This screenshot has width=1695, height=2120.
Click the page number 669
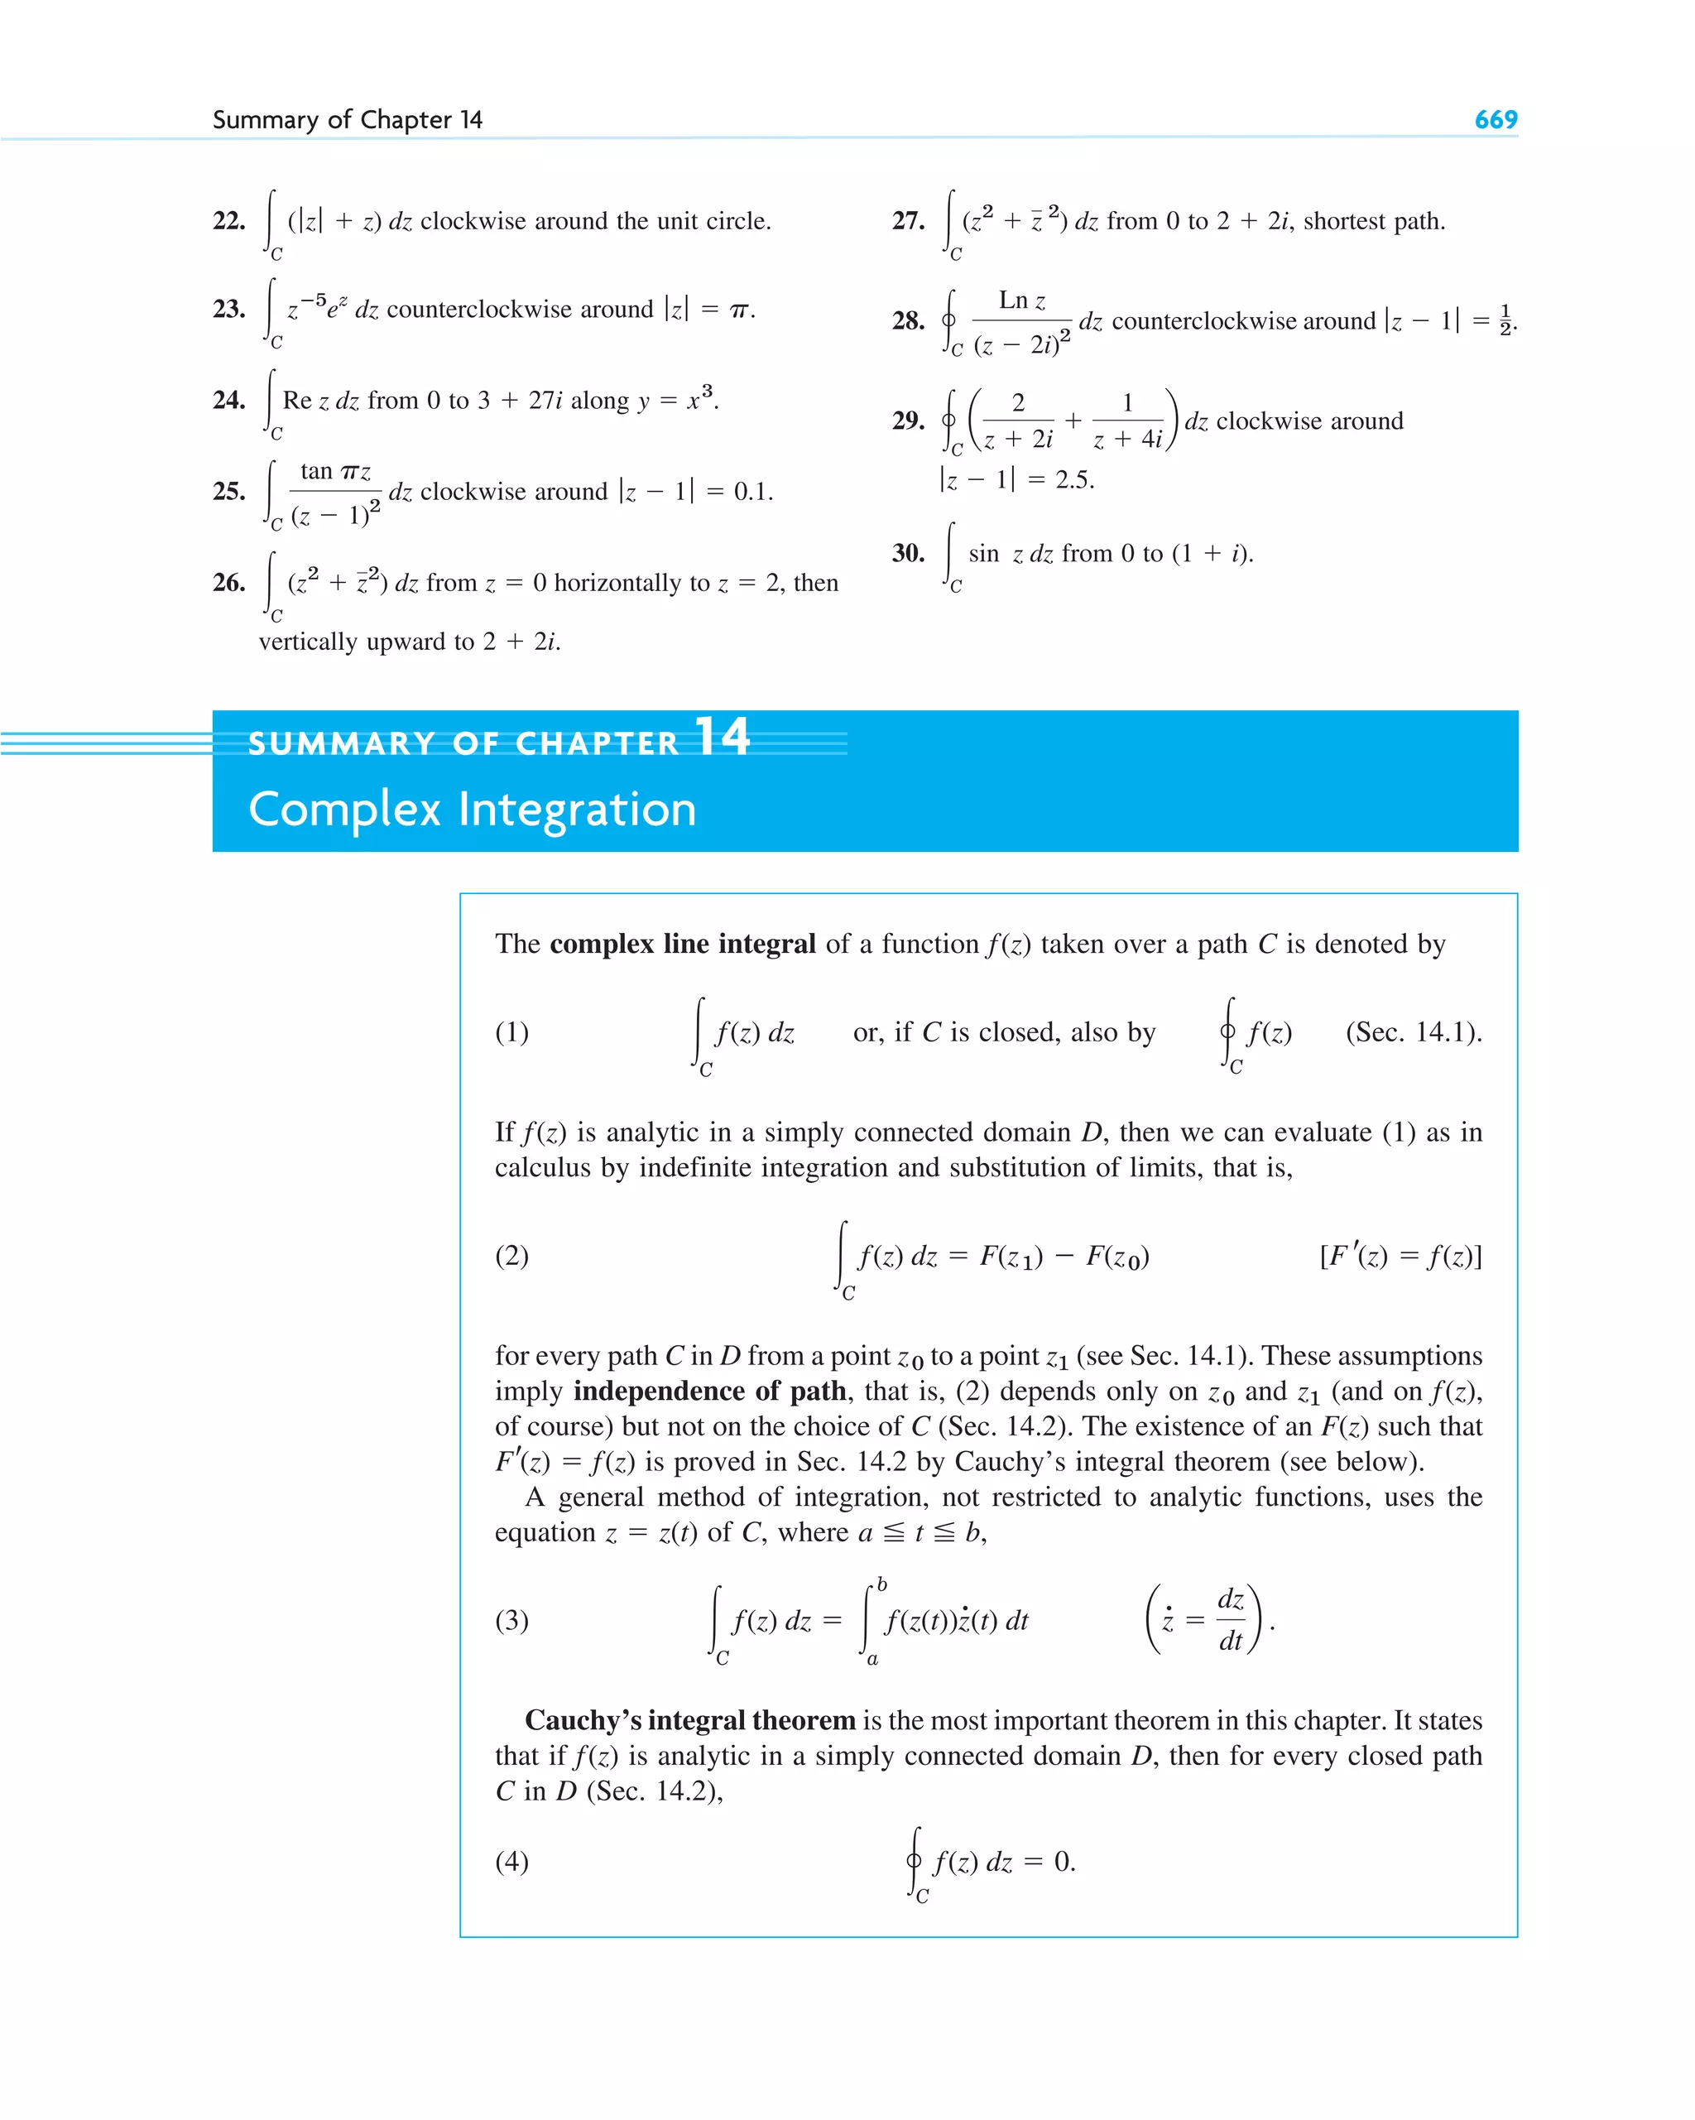click(1495, 119)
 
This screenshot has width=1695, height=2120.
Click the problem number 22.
click(229, 220)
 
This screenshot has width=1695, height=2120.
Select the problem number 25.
click(229, 491)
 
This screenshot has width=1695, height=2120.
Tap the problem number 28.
click(907, 320)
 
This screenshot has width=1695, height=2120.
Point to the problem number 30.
click(907, 553)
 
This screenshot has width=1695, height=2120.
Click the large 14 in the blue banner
click(722, 737)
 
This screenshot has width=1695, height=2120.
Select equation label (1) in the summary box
click(511, 1032)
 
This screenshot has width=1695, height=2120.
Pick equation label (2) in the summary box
click(511, 1256)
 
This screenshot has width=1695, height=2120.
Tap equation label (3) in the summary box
click(511, 1621)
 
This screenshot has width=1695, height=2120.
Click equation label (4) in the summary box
click(511, 1862)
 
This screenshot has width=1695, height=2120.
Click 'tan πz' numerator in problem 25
click(335, 472)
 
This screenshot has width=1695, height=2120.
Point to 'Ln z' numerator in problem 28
click(1021, 300)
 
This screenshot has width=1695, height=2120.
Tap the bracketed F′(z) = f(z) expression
click(1400, 1256)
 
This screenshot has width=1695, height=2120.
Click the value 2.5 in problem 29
click(1073, 480)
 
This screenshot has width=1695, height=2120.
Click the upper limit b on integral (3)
click(882, 1584)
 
